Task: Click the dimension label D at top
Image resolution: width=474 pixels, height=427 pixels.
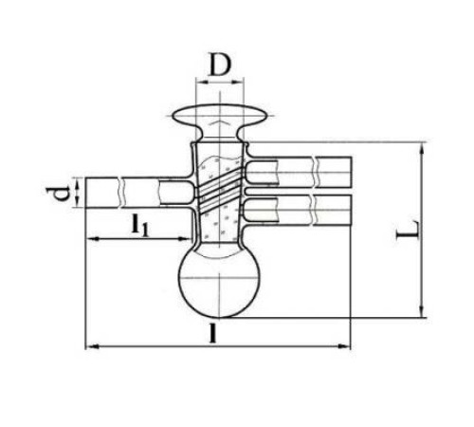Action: (x=220, y=65)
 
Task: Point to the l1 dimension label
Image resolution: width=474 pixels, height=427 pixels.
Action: (x=139, y=225)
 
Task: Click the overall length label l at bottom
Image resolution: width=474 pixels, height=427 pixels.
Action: (x=213, y=334)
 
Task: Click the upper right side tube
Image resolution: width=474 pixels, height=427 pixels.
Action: (x=299, y=173)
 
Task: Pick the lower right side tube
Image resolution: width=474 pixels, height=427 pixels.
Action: (x=298, y=211)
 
